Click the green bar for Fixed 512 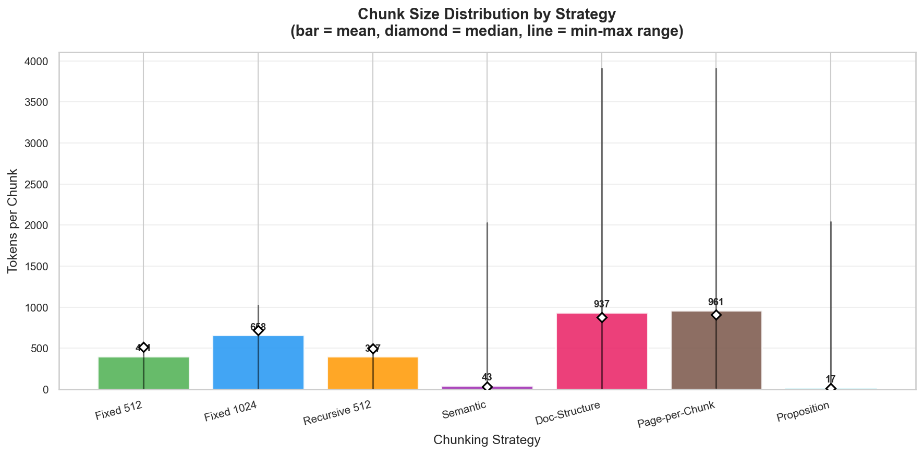[125, 373]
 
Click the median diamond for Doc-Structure [602, 317]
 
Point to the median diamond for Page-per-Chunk [716, 315]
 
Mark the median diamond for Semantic [487, 387]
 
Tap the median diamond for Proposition [831, 388]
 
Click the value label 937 [602, 304]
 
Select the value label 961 [716, 302]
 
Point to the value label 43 [487, 377]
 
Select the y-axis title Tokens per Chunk [13, 221]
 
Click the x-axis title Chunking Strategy [487, 440]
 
